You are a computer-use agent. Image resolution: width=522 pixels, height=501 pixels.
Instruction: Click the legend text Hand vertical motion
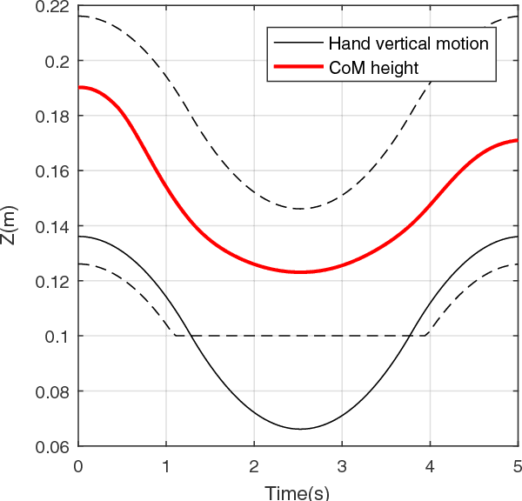(x=408, y=42)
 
